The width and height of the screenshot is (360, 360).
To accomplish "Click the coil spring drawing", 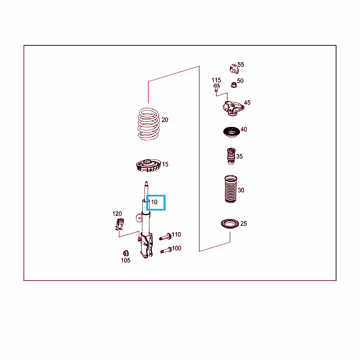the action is [x=149, y=124].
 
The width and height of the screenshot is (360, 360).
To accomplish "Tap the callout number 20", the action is [x=165, y=120].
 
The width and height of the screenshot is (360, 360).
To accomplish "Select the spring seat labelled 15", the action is [x=148, y=165].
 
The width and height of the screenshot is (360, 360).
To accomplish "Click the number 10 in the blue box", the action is [x=154, y=202].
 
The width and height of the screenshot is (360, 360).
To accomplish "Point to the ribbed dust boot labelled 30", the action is [x=231, y=189].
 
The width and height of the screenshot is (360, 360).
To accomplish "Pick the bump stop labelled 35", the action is [x=231, y=156].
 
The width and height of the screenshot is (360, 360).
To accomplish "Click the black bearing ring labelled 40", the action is [x=231, y=132].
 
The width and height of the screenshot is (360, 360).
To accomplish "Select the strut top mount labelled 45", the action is [x=233, y=108].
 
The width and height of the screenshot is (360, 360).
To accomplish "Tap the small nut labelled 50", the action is [x=234, y=85].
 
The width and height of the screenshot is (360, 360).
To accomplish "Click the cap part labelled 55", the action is [x=234, y=69].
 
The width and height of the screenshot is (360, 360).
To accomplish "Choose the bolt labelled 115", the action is [x=216, y=88].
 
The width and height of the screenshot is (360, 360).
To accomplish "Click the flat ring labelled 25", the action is [x=230, y=224].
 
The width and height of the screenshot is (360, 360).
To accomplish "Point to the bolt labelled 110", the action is [x=165, y=237].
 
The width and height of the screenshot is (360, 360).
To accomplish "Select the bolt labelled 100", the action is [x=166, y=250].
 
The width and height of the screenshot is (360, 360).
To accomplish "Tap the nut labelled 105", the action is [x=126, y=253].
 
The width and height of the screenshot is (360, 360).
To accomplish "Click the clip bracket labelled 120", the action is [x=120, y=224].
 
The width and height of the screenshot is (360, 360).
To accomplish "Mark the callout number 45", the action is [x=247, y=103].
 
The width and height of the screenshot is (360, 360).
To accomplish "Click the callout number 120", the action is [x=117, y=214].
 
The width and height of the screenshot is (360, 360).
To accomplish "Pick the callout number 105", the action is [x=126, y=261].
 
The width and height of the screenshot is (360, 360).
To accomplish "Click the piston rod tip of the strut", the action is [x=146, y=183].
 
